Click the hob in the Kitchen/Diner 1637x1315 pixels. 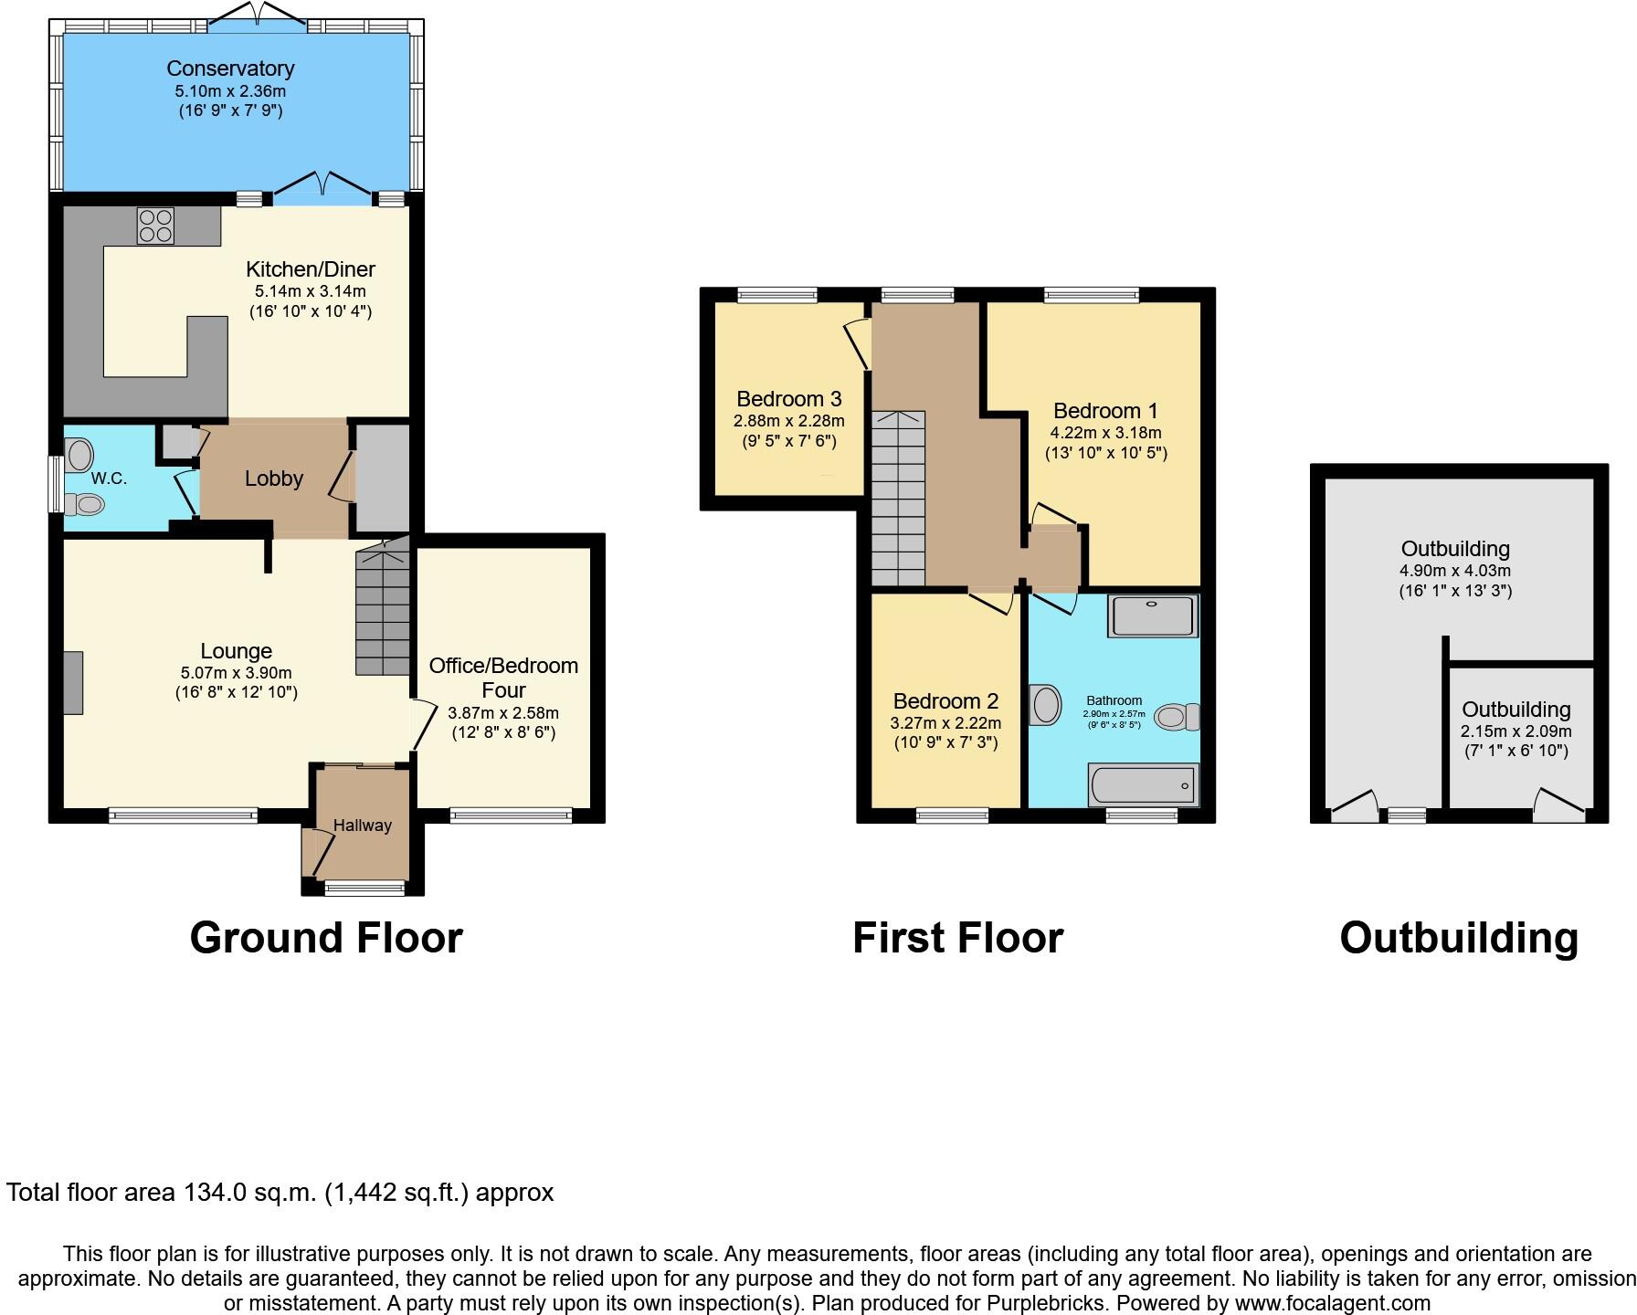(x=155, y=226)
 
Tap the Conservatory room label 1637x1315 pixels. (x=230, y=68)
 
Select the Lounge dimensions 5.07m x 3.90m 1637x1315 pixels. (x=236, y=673)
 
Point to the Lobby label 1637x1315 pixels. (x=273, y=479)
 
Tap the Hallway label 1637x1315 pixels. (x=362, y=826)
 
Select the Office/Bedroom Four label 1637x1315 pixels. (x=503, y=678)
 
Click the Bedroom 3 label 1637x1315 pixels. (x=788, y=399)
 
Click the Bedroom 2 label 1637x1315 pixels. (x=945, y=701)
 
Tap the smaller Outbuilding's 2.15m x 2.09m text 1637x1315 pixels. (x=1516, y=731)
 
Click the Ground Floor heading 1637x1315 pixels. (x=326, y=938)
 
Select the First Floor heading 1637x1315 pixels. (x=957, y=938)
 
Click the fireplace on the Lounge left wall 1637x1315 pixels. (x=73, y=682)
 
